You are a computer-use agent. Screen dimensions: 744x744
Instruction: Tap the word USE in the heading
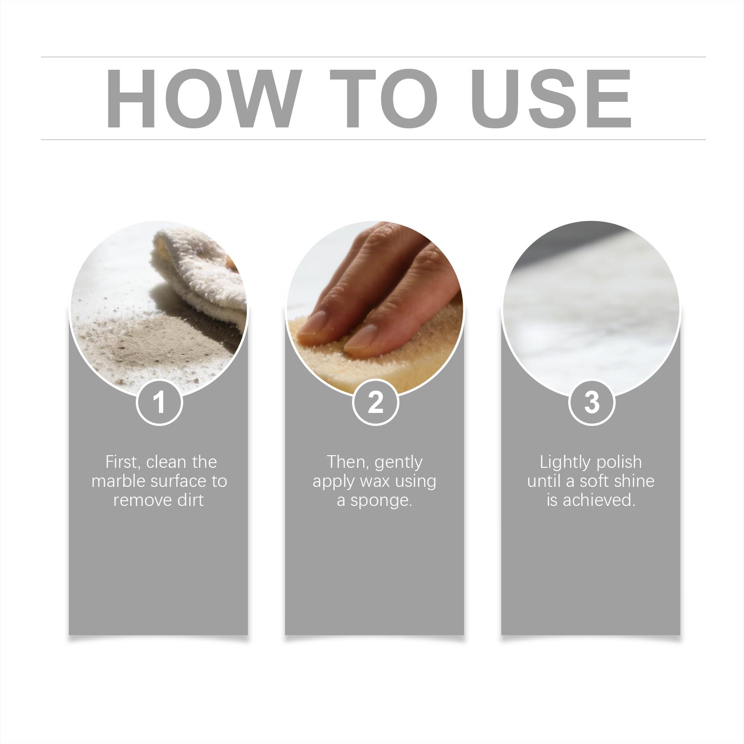[x=553, y=98]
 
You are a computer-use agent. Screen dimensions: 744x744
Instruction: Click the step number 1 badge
[x=159, y=402]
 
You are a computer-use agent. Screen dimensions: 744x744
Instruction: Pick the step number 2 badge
[x=375, y=402]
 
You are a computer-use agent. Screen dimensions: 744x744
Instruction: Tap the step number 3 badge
[x=591, y=402]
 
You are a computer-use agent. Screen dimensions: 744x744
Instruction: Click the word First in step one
[x=124, y=462]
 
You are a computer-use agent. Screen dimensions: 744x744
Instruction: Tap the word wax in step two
[x=374, y=482]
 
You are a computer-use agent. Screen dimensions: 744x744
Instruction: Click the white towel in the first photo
[x=200, y=274]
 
